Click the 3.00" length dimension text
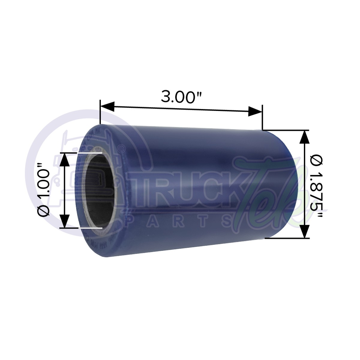click(x=181, y=97)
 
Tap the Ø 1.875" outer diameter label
click(x=317, y=184)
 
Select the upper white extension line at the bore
click(x=90, y=153)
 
